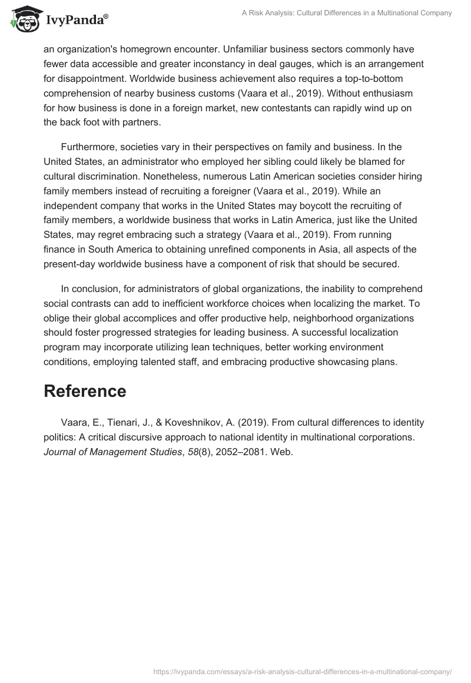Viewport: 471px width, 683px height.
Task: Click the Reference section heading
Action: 85,392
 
